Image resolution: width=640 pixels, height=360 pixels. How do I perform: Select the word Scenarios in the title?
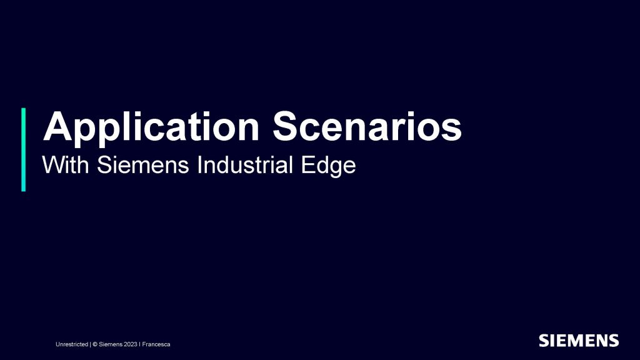(x=367, y=126)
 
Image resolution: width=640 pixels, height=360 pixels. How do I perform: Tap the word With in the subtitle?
(x=66, y=165)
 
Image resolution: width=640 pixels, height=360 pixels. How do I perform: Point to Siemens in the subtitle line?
(x=143, y=165)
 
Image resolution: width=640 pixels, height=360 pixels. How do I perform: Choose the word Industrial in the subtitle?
(x=245, y=165)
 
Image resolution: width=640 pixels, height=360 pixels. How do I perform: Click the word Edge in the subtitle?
(x=329, y=166)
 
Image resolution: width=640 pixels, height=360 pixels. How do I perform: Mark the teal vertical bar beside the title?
(x=23, y=149)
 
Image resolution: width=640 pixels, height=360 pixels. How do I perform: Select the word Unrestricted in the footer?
(x=72, y=344)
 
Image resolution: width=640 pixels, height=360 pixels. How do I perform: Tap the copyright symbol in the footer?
(x=95, y=344)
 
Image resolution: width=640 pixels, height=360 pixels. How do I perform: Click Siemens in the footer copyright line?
(x=111, y=344)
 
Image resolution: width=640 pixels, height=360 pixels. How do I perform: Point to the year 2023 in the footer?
(x=131, y=344)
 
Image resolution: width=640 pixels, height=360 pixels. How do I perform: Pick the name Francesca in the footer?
(x=156, y=344)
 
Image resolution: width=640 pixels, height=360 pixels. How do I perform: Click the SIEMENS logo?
(x=579, y=341)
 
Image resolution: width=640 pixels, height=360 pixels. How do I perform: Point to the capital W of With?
(x=52, y=165)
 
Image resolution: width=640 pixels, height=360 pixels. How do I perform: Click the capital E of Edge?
(x=307, y=165)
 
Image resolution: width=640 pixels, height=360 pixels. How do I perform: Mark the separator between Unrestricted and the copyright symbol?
(x=90, y=344)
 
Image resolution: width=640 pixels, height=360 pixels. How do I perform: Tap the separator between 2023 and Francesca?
(x=139, y=344)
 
